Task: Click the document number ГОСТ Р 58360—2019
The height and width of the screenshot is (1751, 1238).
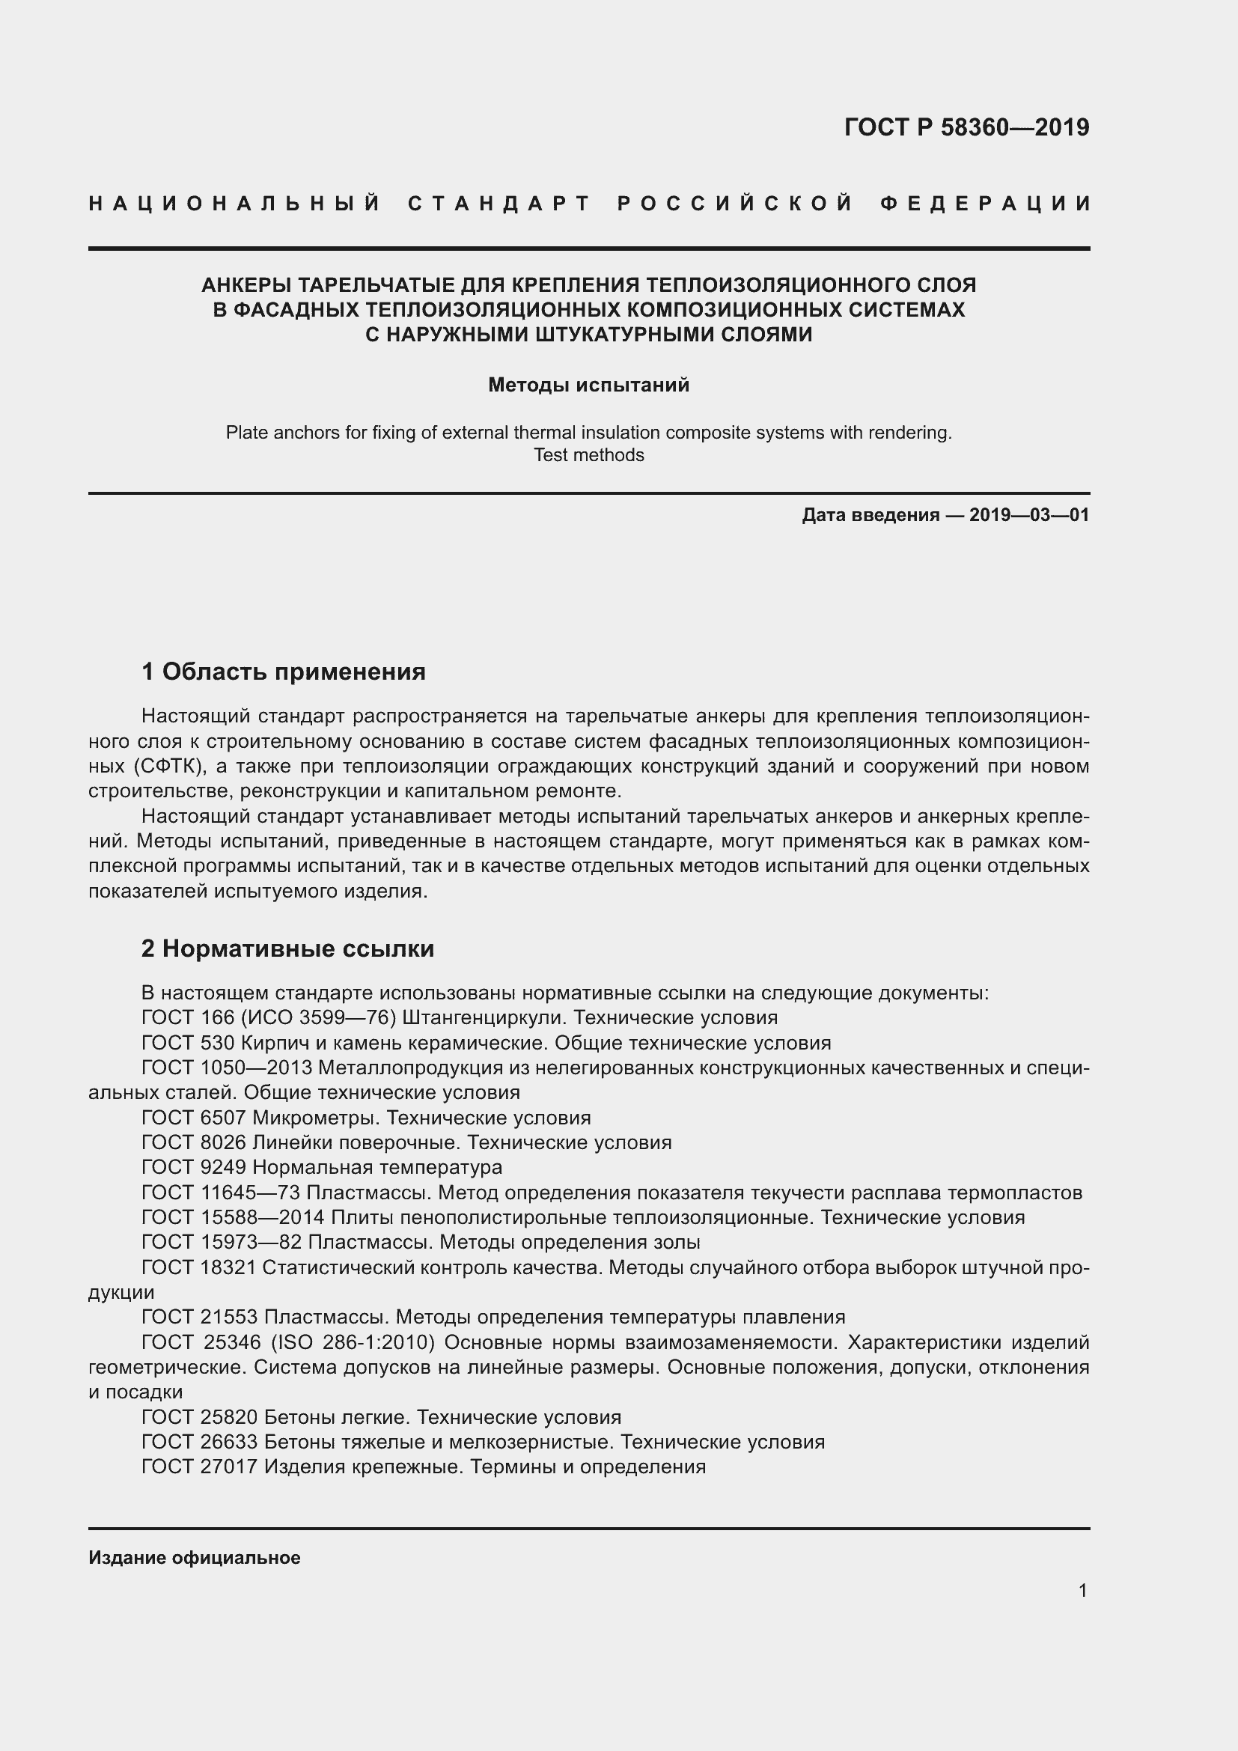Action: [x=966, y=127]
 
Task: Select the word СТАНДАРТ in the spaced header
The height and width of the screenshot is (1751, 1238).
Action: [x=499, y=204]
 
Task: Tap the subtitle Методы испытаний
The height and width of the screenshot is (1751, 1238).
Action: [x=588, y=385]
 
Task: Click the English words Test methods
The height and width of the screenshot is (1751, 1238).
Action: [x=588, y=455]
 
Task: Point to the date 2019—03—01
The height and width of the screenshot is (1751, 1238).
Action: [x=1029, y=515]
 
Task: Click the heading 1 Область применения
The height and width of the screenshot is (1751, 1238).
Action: [x=284, y=672]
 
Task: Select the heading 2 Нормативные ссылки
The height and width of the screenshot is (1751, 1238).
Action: [x=287, y=948]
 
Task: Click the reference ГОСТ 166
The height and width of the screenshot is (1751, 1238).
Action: [x=179, y=1018]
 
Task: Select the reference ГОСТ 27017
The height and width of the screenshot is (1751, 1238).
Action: [x=199, y=1467]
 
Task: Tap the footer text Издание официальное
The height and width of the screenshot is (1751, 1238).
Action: [x=195, y=1558]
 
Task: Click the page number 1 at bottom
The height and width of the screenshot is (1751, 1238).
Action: [x=1082, y=1591]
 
